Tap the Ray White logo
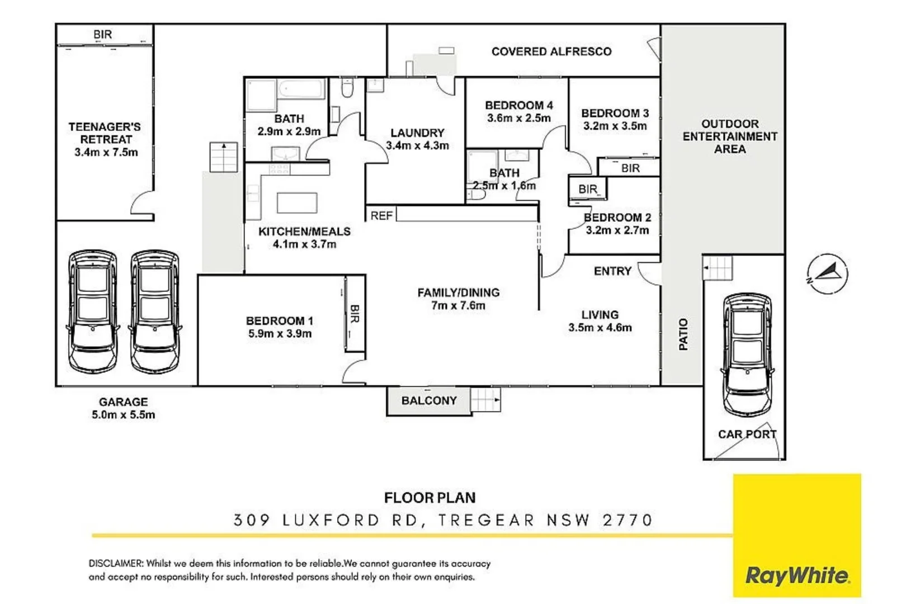coord(796,575)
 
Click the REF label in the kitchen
coord(381,216)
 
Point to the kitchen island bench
coord(297,202)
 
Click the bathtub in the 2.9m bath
coord(301,89)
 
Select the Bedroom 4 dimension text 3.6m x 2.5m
coord(518,119)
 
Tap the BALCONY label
coord(429,400)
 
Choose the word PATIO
coord(683,334)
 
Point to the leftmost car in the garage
coord(93,311)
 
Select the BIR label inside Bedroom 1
coord(355,314)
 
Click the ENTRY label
coord(612,271)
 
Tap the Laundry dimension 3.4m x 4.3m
coord(417,146)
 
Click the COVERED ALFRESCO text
coord(551,51)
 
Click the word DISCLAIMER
coord(116,563)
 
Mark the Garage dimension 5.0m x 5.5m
coord(123,415)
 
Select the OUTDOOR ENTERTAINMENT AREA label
coord(729,136)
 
